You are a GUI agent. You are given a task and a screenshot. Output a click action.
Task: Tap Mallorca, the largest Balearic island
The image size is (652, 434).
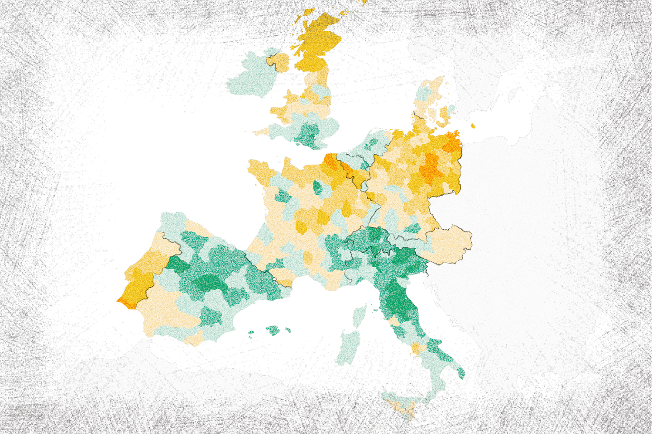(x=273, y=330)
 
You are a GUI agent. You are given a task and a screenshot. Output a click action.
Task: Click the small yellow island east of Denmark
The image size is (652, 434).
(x=473, y=126)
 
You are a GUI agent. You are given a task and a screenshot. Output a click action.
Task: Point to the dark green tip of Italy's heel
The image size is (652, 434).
(x=461, y=373)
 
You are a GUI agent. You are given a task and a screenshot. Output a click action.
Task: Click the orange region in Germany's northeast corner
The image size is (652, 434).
(x=453, y=143)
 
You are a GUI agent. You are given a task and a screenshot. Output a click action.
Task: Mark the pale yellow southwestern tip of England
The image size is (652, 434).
(x=261, y=132)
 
